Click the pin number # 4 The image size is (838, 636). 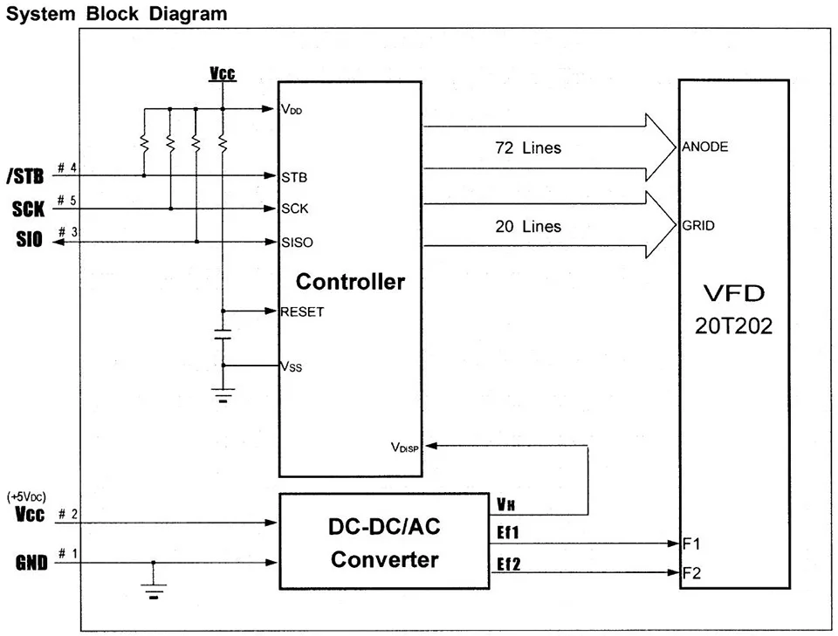67,167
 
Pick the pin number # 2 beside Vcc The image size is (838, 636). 67,513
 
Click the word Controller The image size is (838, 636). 350,282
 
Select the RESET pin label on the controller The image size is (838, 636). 302,311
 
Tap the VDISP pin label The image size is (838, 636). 405,447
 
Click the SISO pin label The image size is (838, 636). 298,242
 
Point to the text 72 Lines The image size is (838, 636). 528,148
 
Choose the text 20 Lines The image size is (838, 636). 528,227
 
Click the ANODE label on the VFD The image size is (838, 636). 704,147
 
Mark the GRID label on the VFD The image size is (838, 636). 698,226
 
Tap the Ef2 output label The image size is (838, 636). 509,565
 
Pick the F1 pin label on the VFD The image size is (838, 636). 692,544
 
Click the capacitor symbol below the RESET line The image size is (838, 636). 223,334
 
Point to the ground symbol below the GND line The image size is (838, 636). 154,594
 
